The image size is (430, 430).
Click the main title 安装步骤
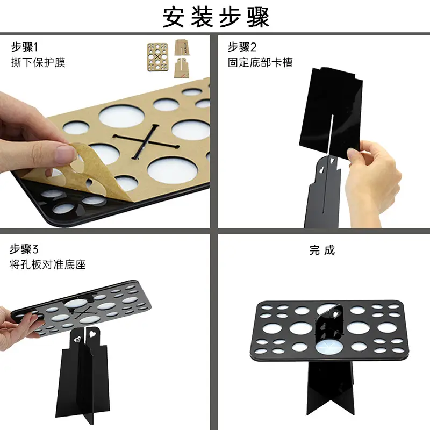pos(216,17)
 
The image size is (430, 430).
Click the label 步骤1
pos(24,47)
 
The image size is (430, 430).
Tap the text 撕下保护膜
pos(38,62)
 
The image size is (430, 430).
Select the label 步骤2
pos(242,47)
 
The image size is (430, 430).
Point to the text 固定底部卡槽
pos(260,62)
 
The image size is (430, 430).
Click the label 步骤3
pos(24,249)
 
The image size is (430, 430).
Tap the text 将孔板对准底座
pos(48,264)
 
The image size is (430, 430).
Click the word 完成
pos(322,250)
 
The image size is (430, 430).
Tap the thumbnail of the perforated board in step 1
pos(157,57)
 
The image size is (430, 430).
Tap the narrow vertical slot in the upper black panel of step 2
pos(331,134)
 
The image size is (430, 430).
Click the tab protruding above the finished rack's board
pos(331,322)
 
